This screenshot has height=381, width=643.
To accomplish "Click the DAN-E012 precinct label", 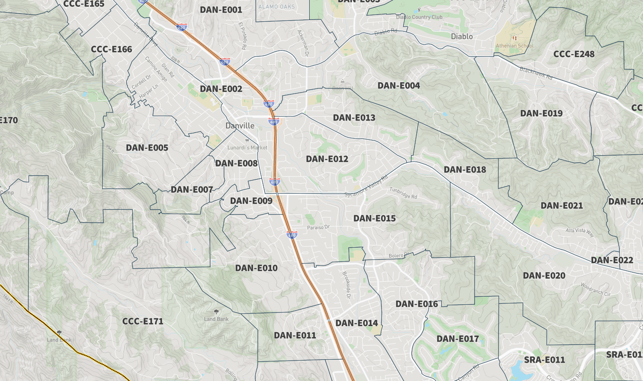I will click(327, 159).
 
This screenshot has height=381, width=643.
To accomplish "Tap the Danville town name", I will click(240, 126).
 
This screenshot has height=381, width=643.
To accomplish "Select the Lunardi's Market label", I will click(247, 147).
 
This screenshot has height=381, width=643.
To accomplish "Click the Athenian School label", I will click(514, 46).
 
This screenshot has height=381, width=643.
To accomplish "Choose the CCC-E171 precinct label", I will click(143, 322).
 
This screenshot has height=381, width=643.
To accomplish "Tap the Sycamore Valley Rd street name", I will click(366, 186).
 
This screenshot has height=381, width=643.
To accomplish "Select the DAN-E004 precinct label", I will click(399, 86).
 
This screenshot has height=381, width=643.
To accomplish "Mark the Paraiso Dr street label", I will click(318, 227).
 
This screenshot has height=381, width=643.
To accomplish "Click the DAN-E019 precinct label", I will click(541, 113).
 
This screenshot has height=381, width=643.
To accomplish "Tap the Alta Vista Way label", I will click(579, 232).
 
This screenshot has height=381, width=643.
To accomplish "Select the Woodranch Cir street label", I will click(595, 289).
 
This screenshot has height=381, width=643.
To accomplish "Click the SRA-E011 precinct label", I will click(544, 360).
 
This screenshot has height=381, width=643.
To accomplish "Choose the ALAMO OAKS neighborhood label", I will click(276, 7).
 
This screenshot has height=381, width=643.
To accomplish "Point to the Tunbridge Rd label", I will click(403, 193).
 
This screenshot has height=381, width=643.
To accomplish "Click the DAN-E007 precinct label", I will click(192, 190).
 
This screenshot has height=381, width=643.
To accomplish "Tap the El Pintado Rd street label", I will click(242, 36).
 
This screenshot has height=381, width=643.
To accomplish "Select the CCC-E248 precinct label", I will click(574, 54).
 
